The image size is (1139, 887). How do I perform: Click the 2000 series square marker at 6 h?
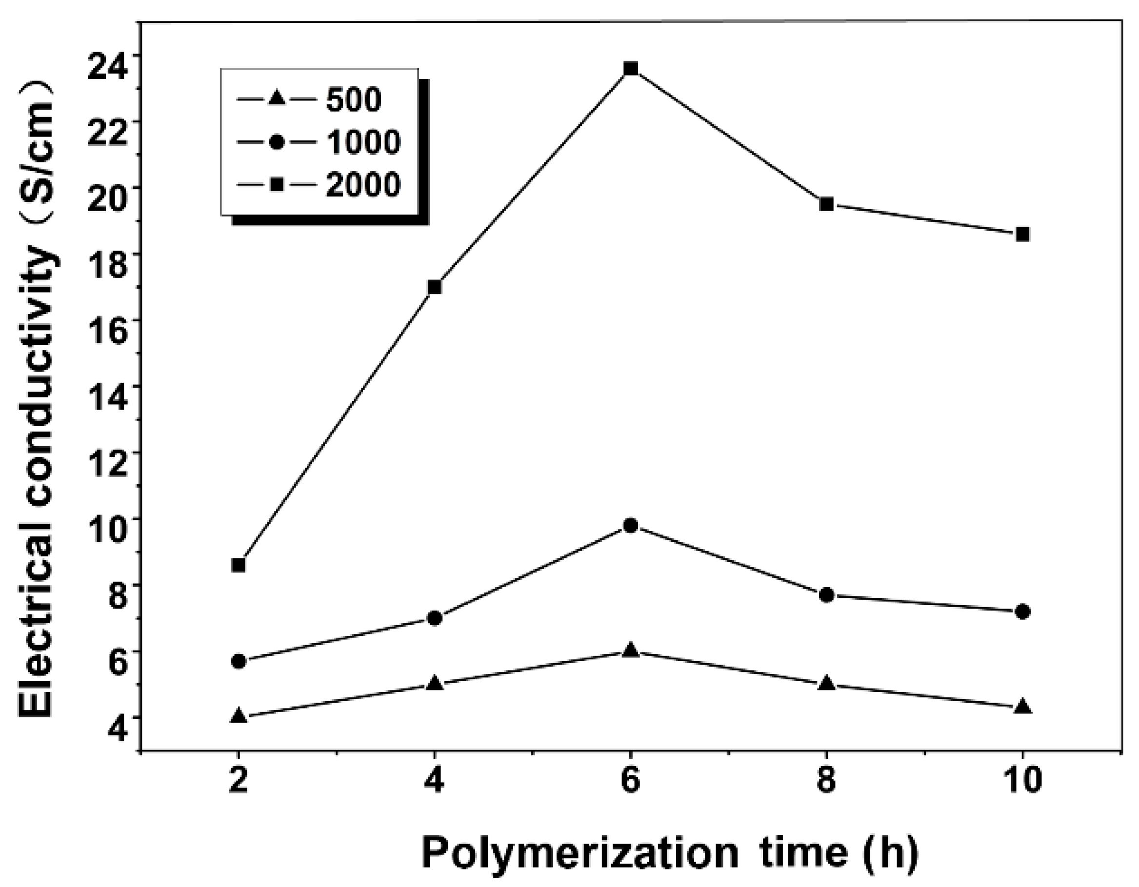pyautogui.click(x=631, y=68)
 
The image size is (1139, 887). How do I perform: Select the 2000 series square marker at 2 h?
pyautogui.click(x=239, y=565)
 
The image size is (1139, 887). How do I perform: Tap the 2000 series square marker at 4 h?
pyautogui.click(x=435, y=287)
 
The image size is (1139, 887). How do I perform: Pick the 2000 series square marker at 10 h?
pyautogui.click(x=1023, y=234)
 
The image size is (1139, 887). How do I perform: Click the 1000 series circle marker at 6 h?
pyautogui.click(x=631, y=526)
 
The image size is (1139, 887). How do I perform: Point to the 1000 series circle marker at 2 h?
pyautogui.click(x=239, y=661)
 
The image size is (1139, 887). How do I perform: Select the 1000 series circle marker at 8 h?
pyautogui.click(x=827, y=595)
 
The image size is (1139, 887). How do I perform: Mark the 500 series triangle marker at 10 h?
pyautogui.click(x=1023, y=707)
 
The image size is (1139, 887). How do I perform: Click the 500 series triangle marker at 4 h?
pyautogui.click(x=435, y=683)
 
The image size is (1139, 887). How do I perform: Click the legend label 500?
pyautogui.click(x=354, y=99)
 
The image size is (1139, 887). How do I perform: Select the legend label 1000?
pyautogui.click(x=363, y=141)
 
